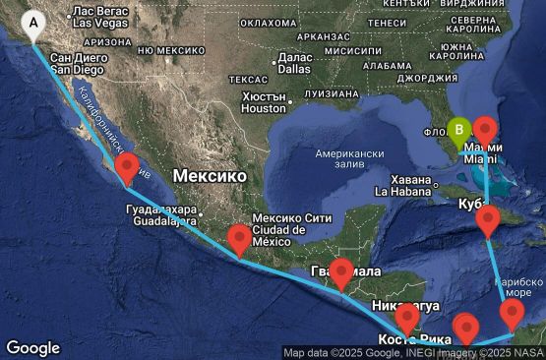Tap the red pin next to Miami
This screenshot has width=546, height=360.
(485, 130)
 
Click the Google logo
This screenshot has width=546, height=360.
(32, 348)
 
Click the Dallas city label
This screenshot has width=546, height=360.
(294, 63)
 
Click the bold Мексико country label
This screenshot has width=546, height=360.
(210, 175)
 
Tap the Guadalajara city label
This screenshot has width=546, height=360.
(161, 215)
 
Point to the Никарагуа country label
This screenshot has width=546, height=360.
(402, 305)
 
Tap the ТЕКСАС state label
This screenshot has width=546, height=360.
(241, 79)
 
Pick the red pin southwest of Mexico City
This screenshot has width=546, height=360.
(239, 239)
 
